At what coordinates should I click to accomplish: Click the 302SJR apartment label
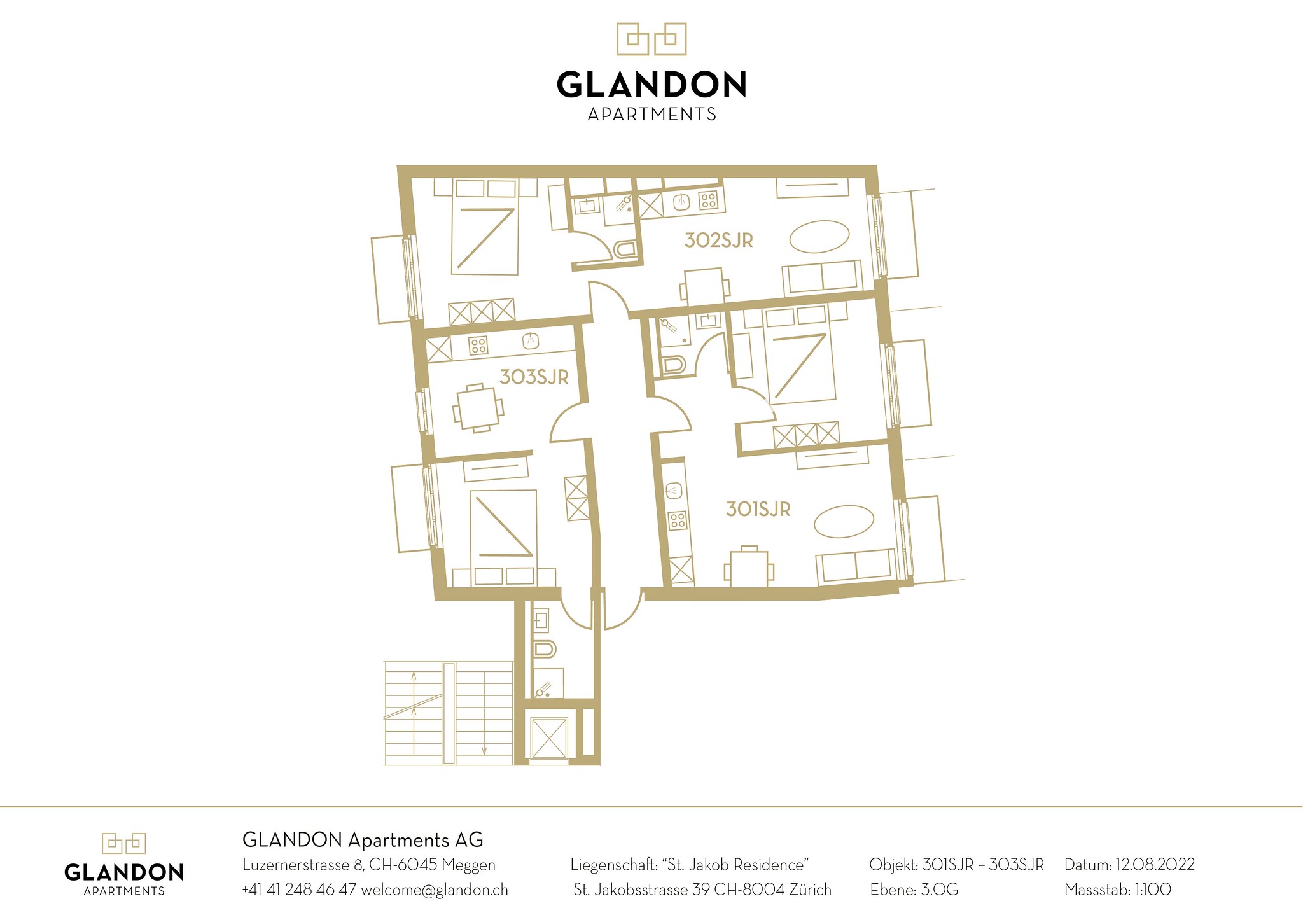tap(718, 241)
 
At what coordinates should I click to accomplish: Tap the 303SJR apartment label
tap(534, 377)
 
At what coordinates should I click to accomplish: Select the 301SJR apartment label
tap(758, 509)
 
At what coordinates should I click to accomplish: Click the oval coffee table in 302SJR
tap(819, 237)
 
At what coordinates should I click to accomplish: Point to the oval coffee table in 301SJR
tap(844, 521)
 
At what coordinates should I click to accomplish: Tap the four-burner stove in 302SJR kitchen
tap(708, 200)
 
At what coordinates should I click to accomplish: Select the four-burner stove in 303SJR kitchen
tap(478, 346)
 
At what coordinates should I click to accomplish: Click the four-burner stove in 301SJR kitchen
tap(678, 520)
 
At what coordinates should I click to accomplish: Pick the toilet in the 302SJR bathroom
tap(625, 249)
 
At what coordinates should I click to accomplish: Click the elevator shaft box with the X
tap(548, 737)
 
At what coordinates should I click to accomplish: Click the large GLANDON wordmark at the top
tap(651, 85)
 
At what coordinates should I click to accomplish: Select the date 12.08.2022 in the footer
tap(1155, 865)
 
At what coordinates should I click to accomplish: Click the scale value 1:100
tap(1151, 890)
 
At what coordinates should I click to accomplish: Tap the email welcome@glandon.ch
tap(435, 890)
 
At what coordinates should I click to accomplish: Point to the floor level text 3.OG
tap(940, 890)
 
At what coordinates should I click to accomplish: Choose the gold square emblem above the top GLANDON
tap(651, 39)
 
